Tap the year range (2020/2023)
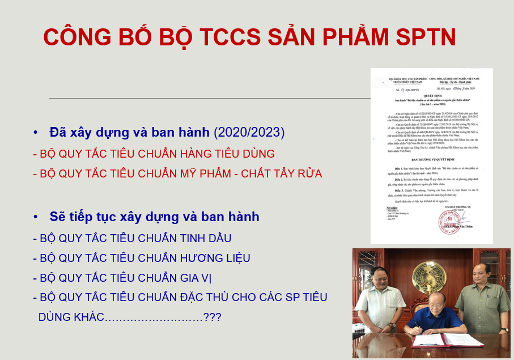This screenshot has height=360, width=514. [249, 133]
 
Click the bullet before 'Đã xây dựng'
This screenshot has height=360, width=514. [36, 133]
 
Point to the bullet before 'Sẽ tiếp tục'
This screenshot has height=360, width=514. [36, 217]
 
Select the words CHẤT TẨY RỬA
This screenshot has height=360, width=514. [281, 173]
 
